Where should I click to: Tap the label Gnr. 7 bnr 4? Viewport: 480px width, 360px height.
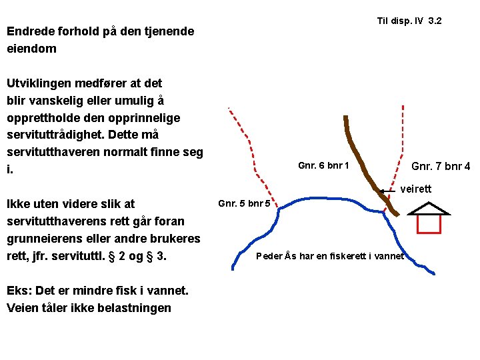pos(441,166)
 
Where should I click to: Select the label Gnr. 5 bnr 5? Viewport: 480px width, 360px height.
pos(245,203)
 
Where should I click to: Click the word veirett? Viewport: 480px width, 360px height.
pos(416,189)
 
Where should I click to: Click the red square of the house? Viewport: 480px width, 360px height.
pos(429,224)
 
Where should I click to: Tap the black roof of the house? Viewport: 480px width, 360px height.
pos(429,207)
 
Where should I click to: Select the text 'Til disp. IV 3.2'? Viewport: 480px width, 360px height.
pos(409,21)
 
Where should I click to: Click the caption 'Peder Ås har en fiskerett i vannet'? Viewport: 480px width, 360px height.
pos(330,256)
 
